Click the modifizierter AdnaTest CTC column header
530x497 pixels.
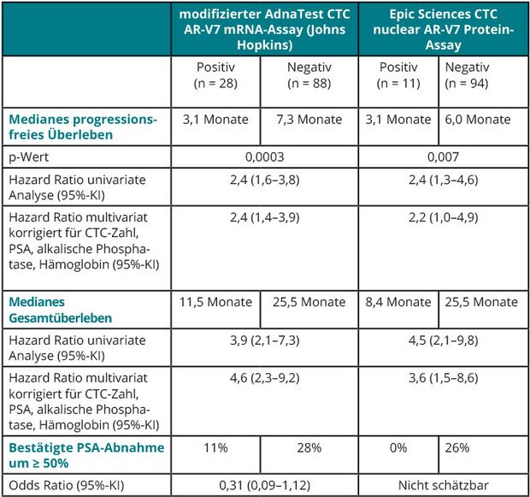pyautogui.click(x=265, y=29)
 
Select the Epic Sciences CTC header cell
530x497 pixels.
pyautogui.click(x=444, y=29)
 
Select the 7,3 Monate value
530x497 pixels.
pyautogui.click(x=309, y=120)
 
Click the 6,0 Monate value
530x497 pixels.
pyautogui.click(x=478, y=120)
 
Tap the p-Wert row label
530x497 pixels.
pyautogui.click(x=29, y=157)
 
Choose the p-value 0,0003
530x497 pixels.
pyautogui.click(x=265, y=157)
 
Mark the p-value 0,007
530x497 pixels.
pyautogui.click(x=444, y=157)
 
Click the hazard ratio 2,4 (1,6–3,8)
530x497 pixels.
pyautogui.click(x=265, y=180)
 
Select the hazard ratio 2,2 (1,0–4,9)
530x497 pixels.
pyautogui.click(x=444, y=217)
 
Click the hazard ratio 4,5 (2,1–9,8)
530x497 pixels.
pyautogui.click(x=444, y=340)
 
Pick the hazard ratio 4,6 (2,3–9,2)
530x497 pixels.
pyautogui.click(x=265, y=377)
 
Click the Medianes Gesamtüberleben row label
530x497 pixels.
pyautogui.click(x=60, y=310)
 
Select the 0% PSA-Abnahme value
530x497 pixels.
pyautogui.click(x=398, y=447)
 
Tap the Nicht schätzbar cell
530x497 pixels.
pyautogui.click(x=444, y=485)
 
